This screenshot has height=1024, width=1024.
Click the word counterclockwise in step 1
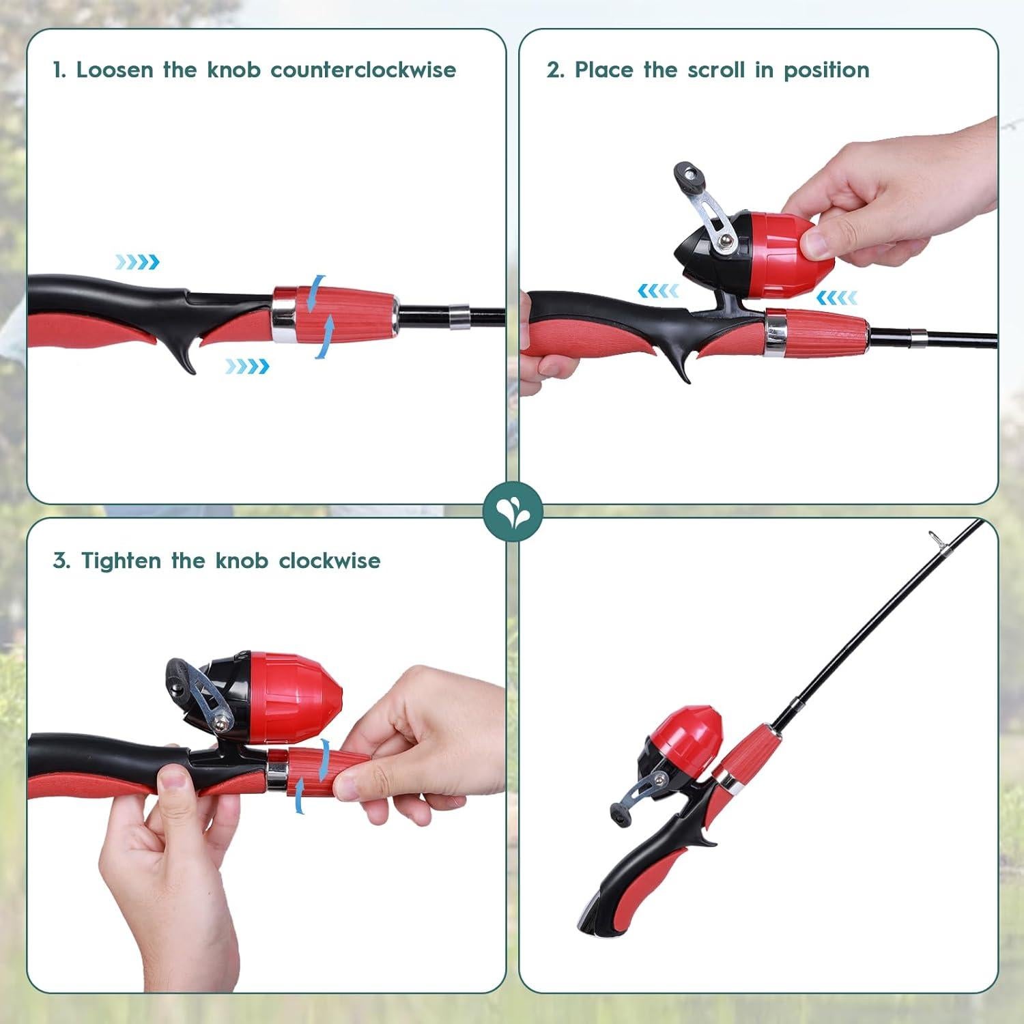pos(363,70)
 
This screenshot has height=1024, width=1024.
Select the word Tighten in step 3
pos(121,560)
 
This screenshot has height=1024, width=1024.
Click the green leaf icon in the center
pos(512,511)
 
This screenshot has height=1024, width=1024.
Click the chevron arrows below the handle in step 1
pos(247,367)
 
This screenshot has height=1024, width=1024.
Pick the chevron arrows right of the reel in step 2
pos(836,297)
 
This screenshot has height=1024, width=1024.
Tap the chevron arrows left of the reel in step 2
pos(658,291)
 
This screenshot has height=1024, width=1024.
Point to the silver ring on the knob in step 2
pos(775,333)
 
